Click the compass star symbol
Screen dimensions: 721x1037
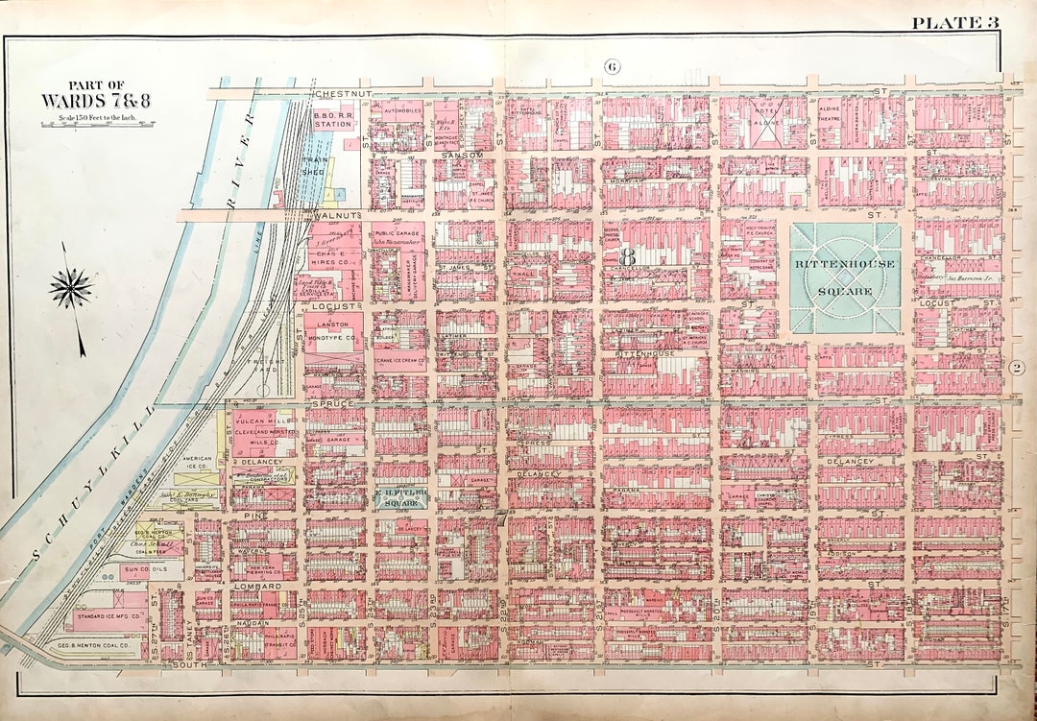(71, 288)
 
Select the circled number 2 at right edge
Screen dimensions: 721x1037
(1018, 366)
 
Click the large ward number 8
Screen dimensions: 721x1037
(628, 255)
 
